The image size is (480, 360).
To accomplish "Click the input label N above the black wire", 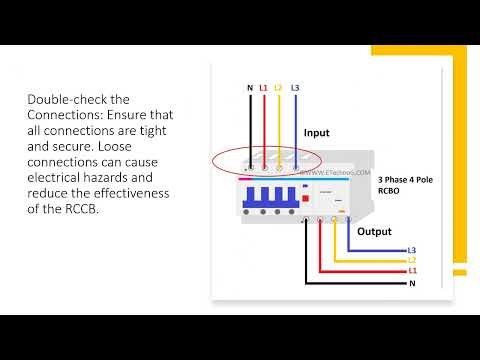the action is tap(250, 88).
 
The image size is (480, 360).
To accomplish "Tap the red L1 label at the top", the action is tap(263, 88).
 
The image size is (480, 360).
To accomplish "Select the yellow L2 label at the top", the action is tap(278, 88).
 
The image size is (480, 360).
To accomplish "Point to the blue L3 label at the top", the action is tap(295, 88).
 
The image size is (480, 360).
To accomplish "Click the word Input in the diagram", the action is tap(316, 132).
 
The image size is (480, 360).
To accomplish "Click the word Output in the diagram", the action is tap(375, 231).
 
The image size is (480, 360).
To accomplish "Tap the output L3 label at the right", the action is tap(412, 250).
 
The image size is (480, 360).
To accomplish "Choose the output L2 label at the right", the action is tap(412, 260).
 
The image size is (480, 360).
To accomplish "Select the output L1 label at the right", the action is tap(412, 271).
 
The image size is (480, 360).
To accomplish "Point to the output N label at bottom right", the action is tap(411, 283).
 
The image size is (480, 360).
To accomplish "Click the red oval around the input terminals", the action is tap(266, 160).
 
